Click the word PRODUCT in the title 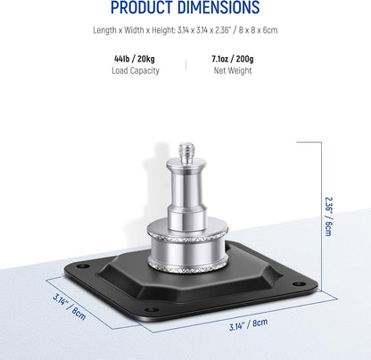[141, 7]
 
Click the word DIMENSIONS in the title [218, 7]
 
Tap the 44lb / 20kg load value [135, 59]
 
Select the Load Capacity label [136, 70]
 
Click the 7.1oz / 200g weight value [233, 59]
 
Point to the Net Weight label [233, 70]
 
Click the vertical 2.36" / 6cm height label [328, 217]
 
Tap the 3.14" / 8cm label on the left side [70, 307]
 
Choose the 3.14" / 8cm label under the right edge [248, 324]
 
